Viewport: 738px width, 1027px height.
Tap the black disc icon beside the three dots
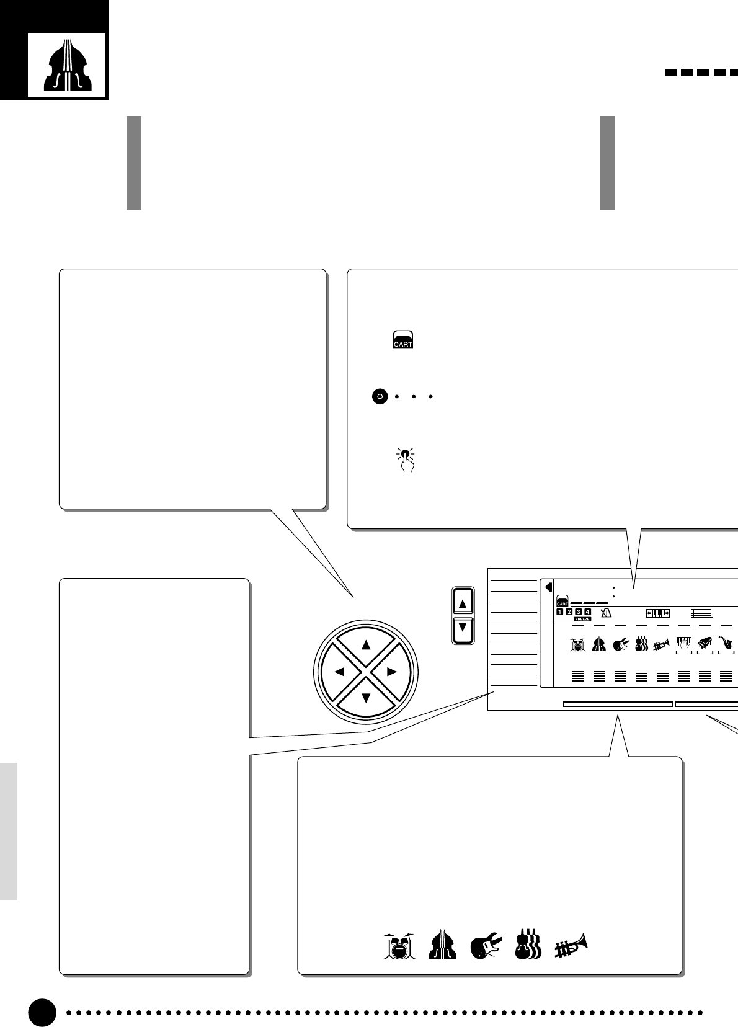tap(380, 396)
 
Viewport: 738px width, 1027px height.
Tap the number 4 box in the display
tap(587, 612)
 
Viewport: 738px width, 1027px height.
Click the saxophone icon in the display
tap(725, 644)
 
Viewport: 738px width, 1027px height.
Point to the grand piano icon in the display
tap(704, 644)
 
